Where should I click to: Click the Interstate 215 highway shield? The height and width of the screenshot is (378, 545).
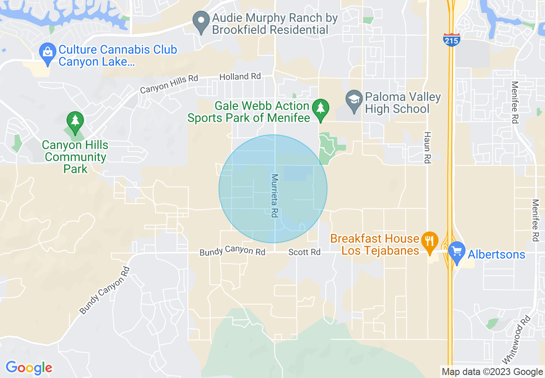click(451, 39)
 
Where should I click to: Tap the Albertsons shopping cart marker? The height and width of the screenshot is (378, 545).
click(456, 252)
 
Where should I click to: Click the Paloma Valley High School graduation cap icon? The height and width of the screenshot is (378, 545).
click(354, 101)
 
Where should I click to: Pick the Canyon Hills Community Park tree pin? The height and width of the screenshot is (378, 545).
click(76, 122)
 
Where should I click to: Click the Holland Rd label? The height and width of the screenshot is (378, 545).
click(240, 76)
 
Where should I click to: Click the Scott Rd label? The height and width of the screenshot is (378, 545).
click(304, 252)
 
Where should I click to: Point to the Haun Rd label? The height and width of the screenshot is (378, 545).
click(427, 147)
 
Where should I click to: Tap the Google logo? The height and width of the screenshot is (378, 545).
click(29, 368)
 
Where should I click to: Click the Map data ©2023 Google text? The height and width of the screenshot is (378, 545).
click(492, 372)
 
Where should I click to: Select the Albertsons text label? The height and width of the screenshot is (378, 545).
click(496, 254)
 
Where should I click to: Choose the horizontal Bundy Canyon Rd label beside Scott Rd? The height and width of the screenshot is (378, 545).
click(232, 251)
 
